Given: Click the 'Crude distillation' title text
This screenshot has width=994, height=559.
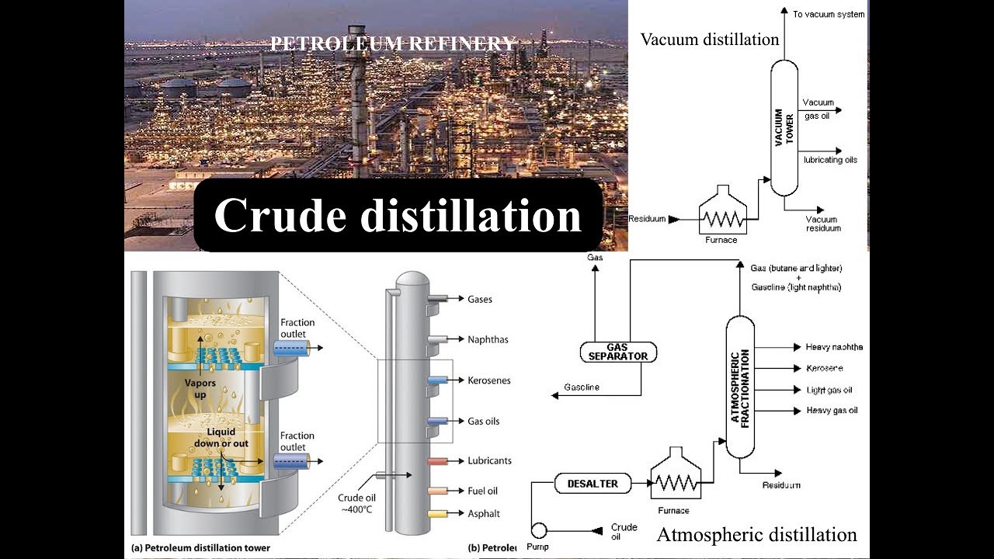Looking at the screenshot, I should point(398,216).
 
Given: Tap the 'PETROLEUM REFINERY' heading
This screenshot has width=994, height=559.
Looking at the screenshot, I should point(393,44).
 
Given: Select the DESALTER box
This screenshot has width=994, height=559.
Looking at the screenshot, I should point(593,484).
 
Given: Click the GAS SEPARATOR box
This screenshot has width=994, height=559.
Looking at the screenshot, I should point(618,352).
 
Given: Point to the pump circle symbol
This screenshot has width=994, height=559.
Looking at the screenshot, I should point(537,529).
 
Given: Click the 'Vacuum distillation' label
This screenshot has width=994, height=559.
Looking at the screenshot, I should point(709,40).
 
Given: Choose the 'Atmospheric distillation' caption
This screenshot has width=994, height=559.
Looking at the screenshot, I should point(756,535).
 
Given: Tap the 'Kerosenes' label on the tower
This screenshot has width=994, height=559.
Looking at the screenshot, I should point(489,380).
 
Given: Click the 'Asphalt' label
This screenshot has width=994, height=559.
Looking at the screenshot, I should point(484,513).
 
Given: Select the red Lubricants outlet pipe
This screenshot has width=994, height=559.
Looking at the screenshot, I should point(437,461).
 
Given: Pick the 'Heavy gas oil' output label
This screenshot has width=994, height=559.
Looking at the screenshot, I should point(832,410).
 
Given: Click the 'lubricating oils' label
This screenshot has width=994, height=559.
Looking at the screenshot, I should point(830,160).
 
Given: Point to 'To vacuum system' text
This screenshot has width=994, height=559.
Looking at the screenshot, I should point(828,15).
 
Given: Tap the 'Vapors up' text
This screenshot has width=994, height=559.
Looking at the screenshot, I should point(200,388).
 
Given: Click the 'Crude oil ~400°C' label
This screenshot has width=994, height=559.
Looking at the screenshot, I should point(357,503).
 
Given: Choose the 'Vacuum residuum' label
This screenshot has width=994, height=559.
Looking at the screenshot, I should point(823,224).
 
